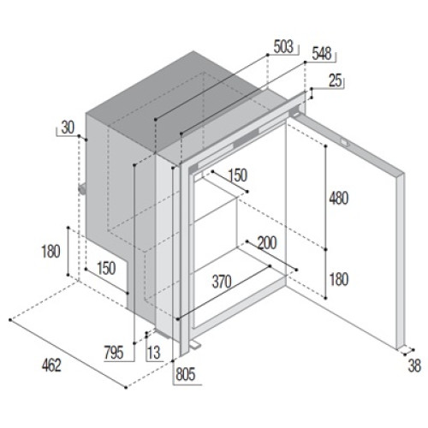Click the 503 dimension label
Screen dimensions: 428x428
point(283,46)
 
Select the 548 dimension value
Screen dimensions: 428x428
point(322,54)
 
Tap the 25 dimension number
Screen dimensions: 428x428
point(336,80)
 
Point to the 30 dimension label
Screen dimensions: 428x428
point(68,128)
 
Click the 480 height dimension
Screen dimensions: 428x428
point(339,198)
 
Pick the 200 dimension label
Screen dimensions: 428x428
point(267,243)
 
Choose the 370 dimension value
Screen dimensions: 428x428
point(222,282)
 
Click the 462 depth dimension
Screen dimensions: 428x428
point(51,366)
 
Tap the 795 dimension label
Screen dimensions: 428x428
point(114,353)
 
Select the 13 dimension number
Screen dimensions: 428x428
point(154,353)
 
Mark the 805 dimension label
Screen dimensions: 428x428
point(186,374)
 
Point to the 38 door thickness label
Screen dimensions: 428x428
point(414,366)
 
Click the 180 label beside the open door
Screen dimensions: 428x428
point(339,279)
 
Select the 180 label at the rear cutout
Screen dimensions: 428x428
point(51,252)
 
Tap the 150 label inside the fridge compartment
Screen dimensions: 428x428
point(237,175)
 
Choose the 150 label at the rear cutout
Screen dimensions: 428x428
point(106,268)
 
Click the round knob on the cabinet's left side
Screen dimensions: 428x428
point(82,189)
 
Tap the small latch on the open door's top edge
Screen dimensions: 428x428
point(344,141)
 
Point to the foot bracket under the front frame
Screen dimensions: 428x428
point(195,344)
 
